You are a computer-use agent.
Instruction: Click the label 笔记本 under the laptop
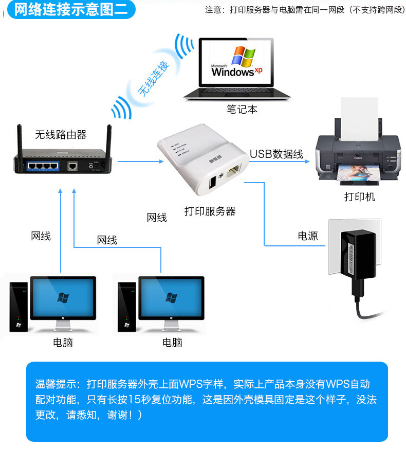(242, 109)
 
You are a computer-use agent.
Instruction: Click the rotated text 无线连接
(153, 79)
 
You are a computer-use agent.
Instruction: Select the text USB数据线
(276, 154)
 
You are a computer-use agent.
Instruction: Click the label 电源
(308, 236)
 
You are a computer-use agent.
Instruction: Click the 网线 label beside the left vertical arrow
(41, 236)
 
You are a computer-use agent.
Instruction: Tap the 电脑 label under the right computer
(172, 342)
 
